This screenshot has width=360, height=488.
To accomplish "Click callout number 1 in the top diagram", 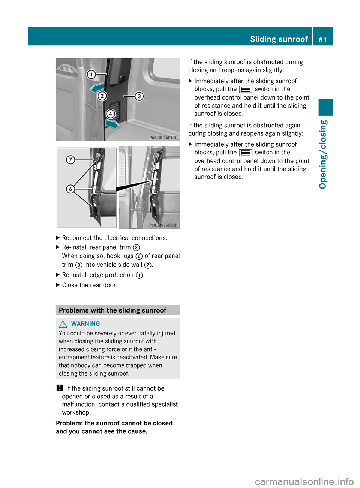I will pos(91,75).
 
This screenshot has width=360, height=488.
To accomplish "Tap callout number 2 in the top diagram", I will pos(102,96).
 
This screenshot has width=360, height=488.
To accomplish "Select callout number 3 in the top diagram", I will pos(139,96).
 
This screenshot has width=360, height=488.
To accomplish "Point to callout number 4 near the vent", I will pos(110,114).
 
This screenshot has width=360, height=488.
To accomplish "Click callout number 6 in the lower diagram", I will pos(70,189).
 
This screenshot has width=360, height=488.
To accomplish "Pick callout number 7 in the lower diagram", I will pos(70,160).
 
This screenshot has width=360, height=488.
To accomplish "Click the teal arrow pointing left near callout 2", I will pos(97,88).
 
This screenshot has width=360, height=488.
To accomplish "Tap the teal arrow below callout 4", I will pos(112,124).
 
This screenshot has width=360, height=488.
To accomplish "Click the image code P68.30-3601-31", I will pos(163,138).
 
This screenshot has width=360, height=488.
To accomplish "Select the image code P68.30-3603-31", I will pos(163,225).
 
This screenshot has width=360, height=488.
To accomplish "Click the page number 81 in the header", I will pos(322,40).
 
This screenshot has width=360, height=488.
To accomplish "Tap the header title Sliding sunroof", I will pos(279,39).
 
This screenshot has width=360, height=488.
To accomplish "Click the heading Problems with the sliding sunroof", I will pos(112,310).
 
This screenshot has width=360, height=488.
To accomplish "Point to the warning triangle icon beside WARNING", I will pos(63,324).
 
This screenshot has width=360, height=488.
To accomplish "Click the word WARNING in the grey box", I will pos(85,324).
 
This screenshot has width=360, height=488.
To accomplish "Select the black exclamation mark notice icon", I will pos(60,388).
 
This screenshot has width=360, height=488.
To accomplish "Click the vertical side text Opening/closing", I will pos(323,154).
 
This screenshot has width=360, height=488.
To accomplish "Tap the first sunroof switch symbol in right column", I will pos(246,89).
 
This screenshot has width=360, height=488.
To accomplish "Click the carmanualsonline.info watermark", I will pos(304,481).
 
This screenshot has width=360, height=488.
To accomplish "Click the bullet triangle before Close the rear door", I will pos(58,285).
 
